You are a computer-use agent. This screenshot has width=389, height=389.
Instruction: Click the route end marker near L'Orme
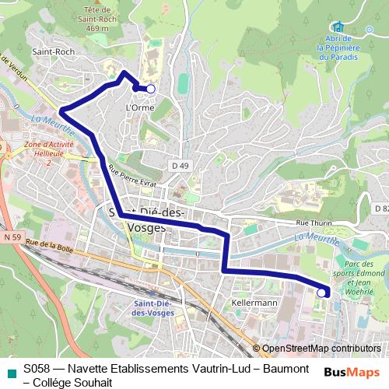click(x=151, y=89)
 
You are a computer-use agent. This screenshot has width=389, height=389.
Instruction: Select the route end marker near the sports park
click(x=321, y=293)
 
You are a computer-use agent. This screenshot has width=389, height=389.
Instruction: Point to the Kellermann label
click(x=254, y=302)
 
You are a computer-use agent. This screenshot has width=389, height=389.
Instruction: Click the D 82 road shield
click(x=380, y=209)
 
